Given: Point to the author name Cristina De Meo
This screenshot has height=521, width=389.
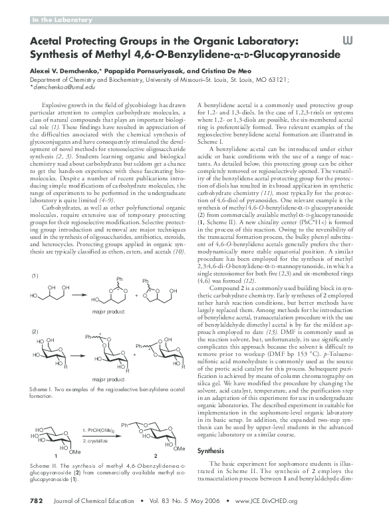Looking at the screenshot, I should point(208,70).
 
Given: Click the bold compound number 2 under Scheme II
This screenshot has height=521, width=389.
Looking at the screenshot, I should point(155,455).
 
